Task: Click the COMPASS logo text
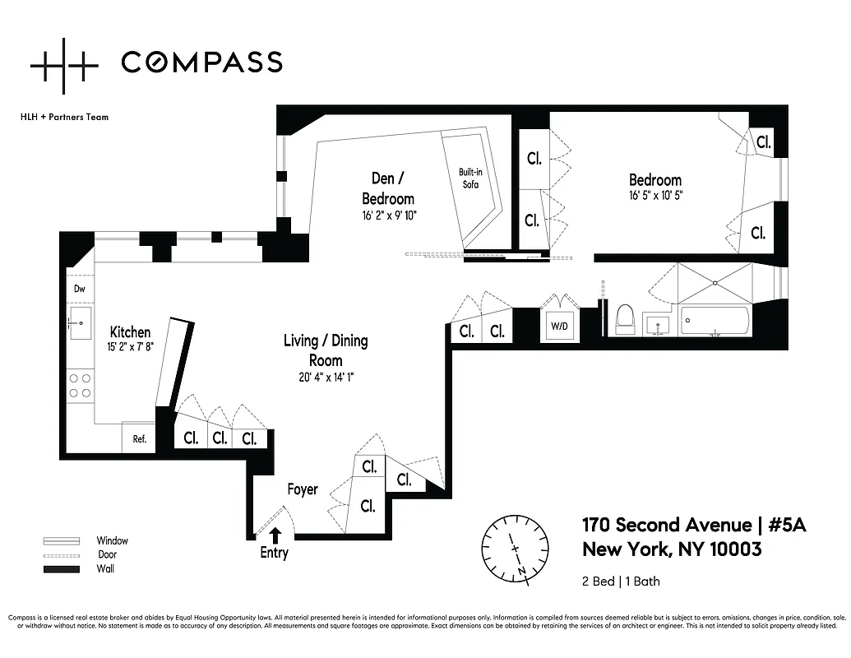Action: coord(201,62)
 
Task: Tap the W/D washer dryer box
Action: coord(559,325)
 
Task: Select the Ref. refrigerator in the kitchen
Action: coord(139,438)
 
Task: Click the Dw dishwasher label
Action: coord(80,289)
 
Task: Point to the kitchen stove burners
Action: coord(81,385)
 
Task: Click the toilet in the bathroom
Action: coord(625,319)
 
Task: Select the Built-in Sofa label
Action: coord(469,178)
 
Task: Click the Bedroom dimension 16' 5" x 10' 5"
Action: coord(655,196)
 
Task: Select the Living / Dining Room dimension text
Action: coord(325,378)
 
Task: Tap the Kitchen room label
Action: coord(131,331)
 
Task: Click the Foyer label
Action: coord(303,489)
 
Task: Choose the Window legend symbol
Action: coord(62,541)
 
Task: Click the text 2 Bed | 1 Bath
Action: coord(621,582)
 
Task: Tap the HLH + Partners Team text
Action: coord(64,117)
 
